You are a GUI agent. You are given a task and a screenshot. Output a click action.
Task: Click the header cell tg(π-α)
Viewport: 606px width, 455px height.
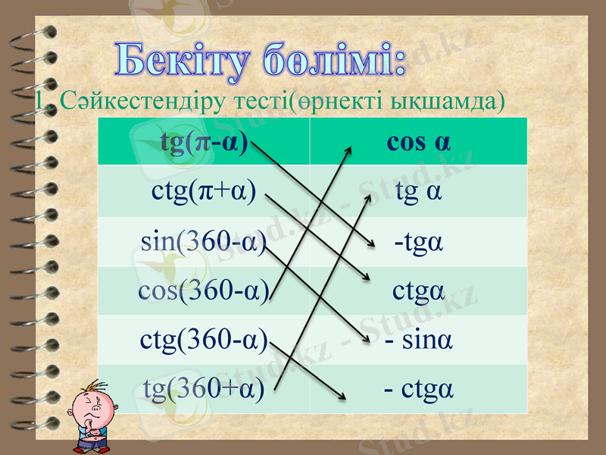pos(204,143)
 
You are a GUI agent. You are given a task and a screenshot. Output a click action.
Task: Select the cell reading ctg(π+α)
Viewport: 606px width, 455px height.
pos(204,190)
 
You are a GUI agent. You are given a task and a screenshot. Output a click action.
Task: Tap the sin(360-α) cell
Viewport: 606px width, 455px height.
pos(204,242)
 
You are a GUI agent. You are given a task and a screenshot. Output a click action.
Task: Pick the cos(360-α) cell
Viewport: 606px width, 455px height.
pos(204,290)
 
